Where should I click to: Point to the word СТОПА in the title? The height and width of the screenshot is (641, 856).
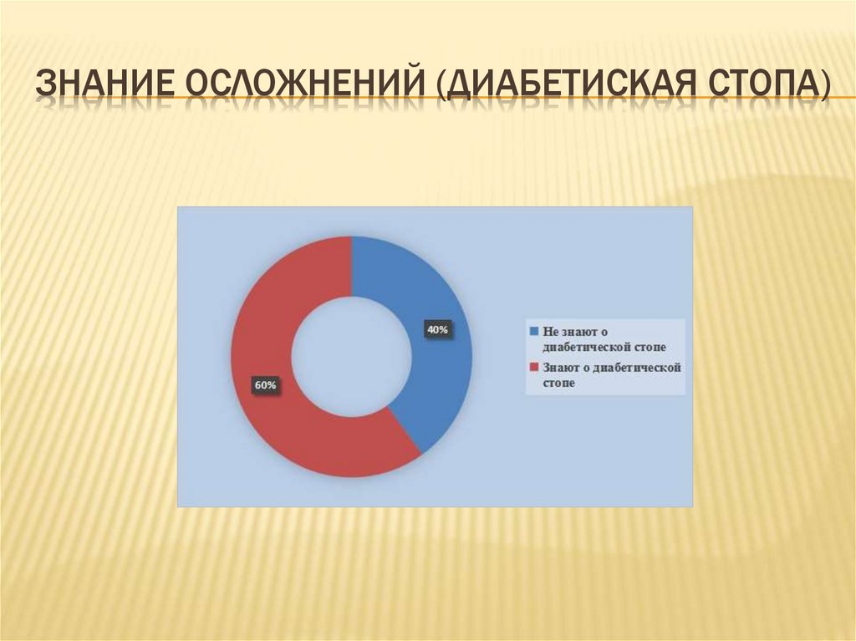[x=758, y=86]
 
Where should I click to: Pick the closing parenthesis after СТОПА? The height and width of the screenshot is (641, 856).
[x=824, y=87]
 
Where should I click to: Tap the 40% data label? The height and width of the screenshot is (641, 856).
[x=437, y=330]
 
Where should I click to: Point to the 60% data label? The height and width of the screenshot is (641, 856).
[x=265, y=385]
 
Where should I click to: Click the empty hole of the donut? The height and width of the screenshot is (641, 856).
[x=352, y=357]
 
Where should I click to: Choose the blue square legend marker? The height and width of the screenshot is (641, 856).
[x=532, y=331]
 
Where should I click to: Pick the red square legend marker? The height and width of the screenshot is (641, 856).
[x=532, y=368]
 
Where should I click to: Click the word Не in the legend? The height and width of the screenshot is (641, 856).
[x=550, y=331]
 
